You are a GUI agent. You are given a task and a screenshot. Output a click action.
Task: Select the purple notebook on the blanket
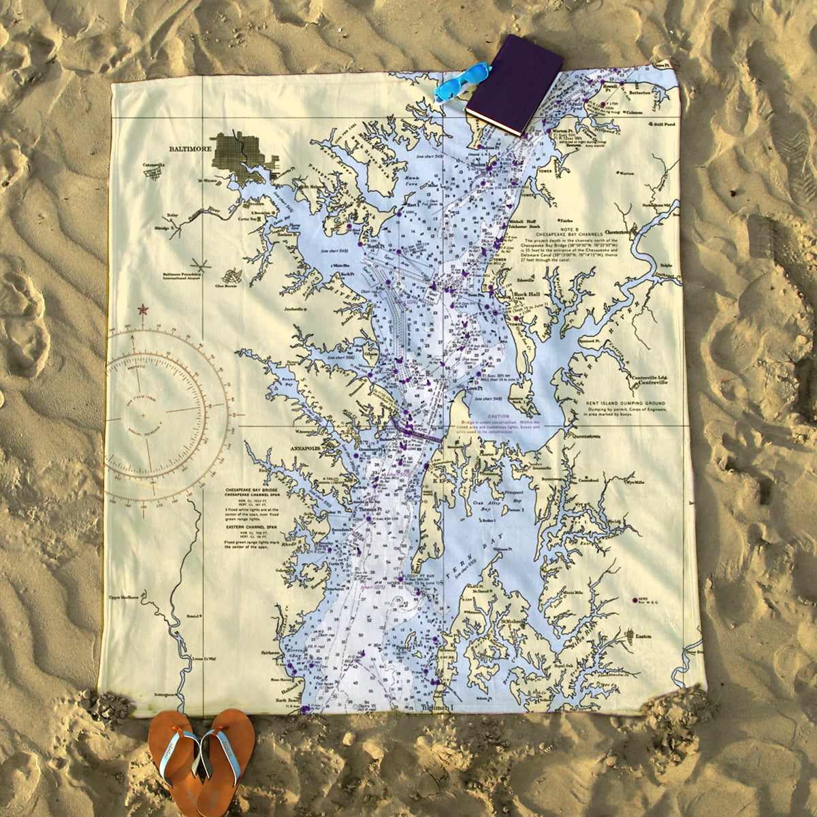tap(515, 84)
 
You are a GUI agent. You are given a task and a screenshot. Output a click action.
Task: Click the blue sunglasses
tap(462, 81)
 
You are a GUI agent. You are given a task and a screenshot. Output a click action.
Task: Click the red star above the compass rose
tap(143, 310)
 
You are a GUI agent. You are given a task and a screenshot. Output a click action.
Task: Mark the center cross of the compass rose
tap(144, 414)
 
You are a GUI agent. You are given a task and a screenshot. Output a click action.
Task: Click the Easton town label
tap(643, 636)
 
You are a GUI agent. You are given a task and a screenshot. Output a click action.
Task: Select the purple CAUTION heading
tap(498, 416)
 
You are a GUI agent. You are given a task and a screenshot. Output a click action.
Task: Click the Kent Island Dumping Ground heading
tap(625, 403)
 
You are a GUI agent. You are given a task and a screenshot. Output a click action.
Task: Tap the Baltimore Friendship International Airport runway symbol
tap(200, 264)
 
